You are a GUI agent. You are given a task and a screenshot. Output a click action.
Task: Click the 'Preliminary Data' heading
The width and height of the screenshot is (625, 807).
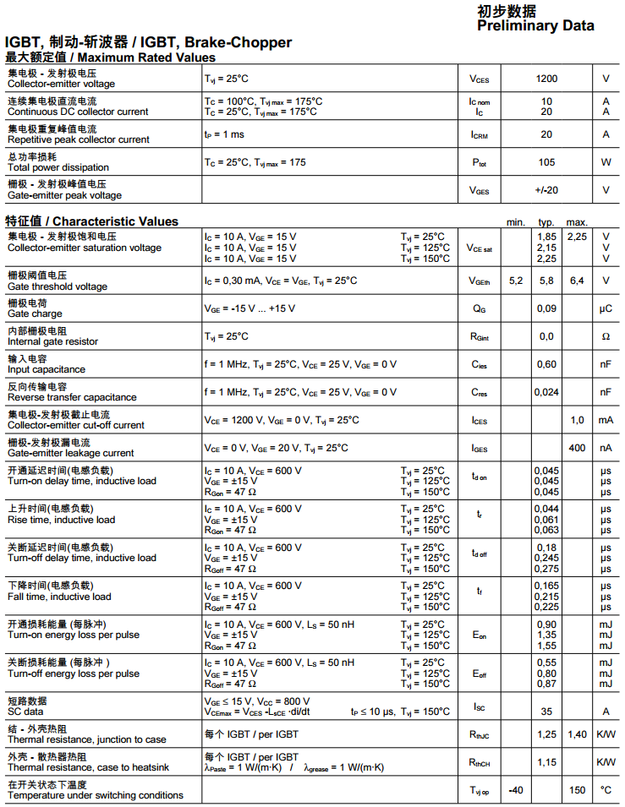535,25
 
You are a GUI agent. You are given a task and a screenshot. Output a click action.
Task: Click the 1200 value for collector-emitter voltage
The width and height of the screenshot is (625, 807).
546,79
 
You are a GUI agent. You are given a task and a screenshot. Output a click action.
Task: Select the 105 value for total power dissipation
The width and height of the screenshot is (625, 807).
546,162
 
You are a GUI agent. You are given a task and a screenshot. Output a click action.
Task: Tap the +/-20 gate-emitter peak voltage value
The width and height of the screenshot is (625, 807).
546,190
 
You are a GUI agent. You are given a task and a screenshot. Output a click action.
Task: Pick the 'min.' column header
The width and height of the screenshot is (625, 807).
516,221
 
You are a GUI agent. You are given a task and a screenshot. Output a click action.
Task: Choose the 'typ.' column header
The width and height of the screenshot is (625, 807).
546,221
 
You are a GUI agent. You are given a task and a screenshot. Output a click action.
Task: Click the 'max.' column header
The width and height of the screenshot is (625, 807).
577,221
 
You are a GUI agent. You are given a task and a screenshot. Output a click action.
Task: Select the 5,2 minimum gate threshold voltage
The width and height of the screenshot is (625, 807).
516,281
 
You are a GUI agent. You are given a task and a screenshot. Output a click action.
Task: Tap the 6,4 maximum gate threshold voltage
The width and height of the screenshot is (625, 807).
577,281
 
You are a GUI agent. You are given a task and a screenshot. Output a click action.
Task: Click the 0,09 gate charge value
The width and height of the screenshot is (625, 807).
546,308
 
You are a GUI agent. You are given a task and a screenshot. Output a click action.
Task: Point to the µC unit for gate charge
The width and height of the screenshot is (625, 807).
606,308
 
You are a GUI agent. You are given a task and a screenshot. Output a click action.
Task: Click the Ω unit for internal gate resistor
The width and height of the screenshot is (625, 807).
606,336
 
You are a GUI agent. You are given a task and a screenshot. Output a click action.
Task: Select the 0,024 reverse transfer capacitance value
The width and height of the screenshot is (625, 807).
546,392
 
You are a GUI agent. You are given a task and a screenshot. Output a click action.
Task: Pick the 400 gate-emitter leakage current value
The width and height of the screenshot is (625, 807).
577,448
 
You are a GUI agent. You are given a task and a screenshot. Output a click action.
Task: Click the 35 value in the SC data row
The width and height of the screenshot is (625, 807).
546,712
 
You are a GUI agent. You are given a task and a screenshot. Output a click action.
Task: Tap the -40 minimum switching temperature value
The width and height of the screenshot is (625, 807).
516,790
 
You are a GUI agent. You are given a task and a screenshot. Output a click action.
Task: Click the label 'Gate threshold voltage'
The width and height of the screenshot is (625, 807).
58,286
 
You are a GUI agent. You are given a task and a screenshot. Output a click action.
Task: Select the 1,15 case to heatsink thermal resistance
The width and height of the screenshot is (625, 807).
546,762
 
